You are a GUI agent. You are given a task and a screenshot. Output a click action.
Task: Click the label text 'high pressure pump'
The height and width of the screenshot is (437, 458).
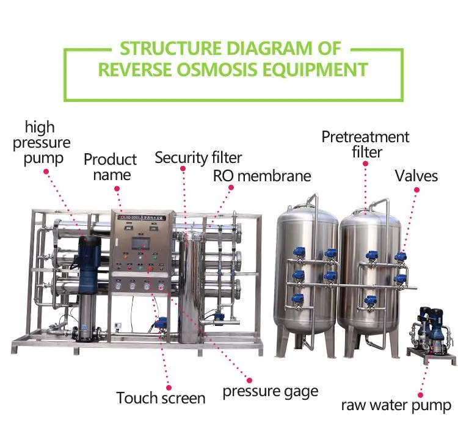tap(47, 143)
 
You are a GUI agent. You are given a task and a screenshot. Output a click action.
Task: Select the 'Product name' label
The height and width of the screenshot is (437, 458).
tap(110, 167)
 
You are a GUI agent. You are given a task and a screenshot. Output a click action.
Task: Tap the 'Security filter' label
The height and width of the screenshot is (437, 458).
tap(198, 157)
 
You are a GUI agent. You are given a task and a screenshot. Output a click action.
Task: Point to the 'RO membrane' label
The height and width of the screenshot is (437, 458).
tap(261, 176)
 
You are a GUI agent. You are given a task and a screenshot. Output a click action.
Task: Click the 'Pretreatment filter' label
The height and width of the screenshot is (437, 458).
tap(365, 144)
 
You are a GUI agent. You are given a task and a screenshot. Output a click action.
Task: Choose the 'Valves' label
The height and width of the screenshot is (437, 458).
tap(416, 176)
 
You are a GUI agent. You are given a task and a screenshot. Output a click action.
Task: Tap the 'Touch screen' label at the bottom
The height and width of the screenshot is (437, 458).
tap(161, 399)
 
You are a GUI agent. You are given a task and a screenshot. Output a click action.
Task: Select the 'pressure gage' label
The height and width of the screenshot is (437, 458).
tap(270, 391)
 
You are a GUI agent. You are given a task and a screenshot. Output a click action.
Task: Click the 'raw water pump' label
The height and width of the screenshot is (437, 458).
tap(396, 405)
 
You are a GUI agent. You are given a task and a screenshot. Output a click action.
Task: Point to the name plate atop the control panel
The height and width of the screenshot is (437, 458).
tap(143, 217)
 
